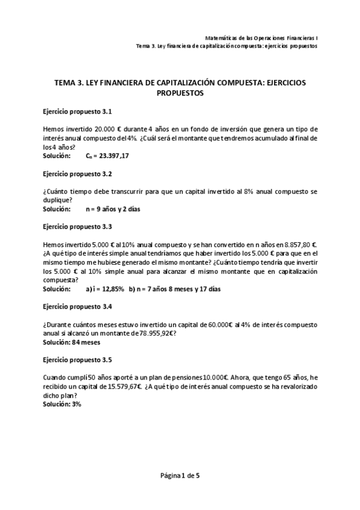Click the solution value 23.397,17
[x=112, y=155]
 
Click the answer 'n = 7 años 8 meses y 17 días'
[x=174, y=289]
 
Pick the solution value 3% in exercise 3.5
[x=76, y=404]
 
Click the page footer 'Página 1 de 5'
[x=180, y=475]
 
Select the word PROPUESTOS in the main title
[x=180, y=93]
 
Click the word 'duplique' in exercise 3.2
[x=56, y=201]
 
